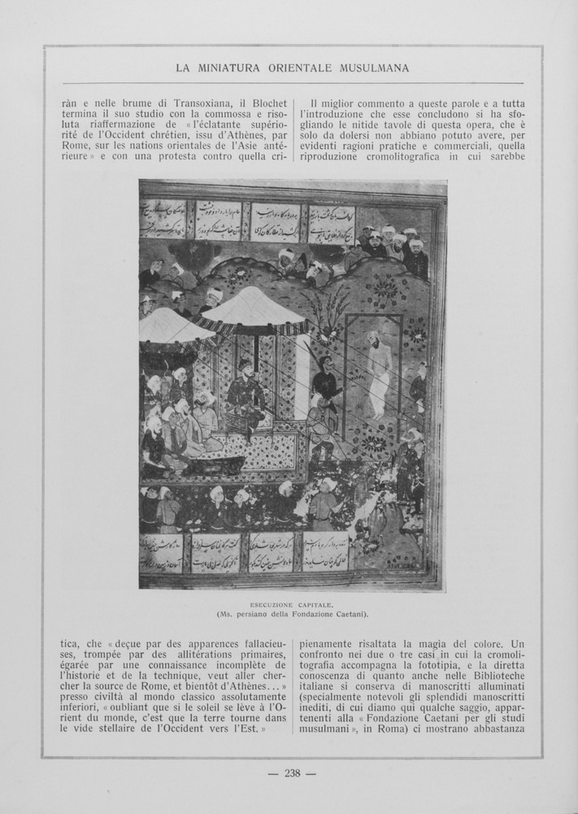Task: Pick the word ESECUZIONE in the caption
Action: [272, 604]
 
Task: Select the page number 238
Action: [293, 773]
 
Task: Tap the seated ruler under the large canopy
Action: [245, 395]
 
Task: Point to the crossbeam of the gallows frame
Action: [373, 316]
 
